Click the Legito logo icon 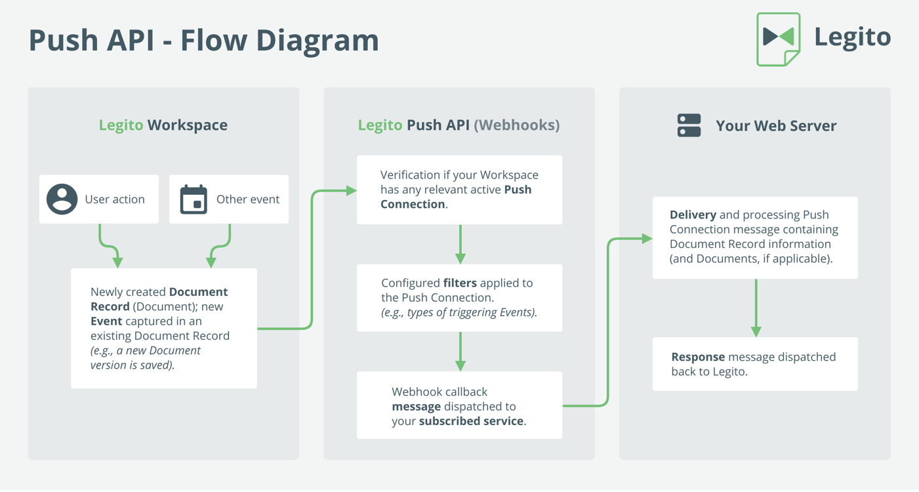(778, 39)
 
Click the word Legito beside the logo (853, 38)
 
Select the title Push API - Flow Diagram (204, 41)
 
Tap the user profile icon (62, 199)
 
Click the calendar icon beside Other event (194, 199)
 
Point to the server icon (689, 125)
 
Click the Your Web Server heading (776, 126)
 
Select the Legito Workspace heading (163, 125)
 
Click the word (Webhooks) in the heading (517, 125)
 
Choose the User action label (115, 199)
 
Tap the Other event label (248, 199)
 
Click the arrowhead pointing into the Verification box (351, 190)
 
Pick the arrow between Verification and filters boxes (460, 244)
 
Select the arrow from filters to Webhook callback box (460, 352)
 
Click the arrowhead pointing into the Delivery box (647, 238)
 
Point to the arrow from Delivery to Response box (756, 308)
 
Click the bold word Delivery (693, 215)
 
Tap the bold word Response (699, 357)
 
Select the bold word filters (460, 283)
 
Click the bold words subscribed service (471, 421)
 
